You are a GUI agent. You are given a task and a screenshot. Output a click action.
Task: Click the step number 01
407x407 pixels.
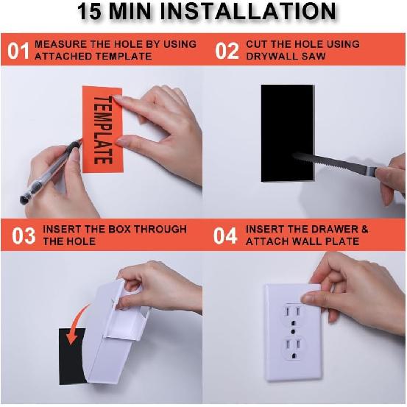point(18,50)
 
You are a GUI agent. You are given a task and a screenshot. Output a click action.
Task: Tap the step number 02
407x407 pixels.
point(227,50)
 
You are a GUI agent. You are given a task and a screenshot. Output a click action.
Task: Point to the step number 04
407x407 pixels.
point(225,236)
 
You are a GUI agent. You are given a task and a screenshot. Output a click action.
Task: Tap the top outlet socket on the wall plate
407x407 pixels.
point(295,315)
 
